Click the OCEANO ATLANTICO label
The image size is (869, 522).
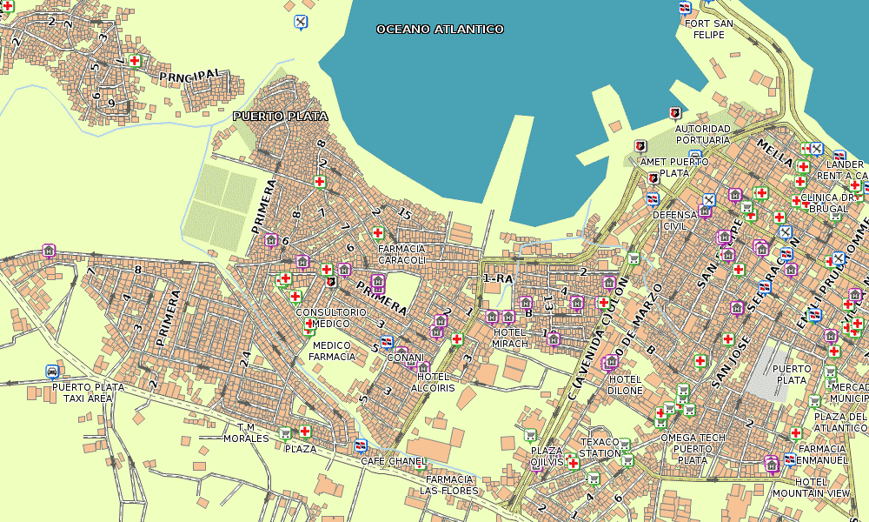pos(440,30)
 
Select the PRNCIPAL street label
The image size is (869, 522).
pos(190,77)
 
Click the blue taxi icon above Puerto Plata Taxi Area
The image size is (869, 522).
pos(53,371)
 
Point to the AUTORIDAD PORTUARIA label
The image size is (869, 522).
pos(703,134)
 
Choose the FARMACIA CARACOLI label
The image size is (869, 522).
pos(401,253)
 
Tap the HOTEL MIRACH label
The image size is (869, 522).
pos(510,338)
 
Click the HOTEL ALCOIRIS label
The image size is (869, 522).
pos(433,382)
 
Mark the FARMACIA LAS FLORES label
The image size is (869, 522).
pos(448,485)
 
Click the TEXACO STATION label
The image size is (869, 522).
pos(600,447)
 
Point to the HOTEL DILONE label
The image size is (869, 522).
pos(626,385)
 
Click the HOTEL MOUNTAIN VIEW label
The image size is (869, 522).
pos(823,487)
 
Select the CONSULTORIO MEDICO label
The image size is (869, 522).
pos(331,318)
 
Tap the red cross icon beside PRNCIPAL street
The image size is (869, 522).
pos(135,60)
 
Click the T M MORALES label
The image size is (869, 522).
pos(247,432)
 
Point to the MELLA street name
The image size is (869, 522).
pos(774,153)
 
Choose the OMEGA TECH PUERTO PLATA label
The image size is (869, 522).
pos(692,448)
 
